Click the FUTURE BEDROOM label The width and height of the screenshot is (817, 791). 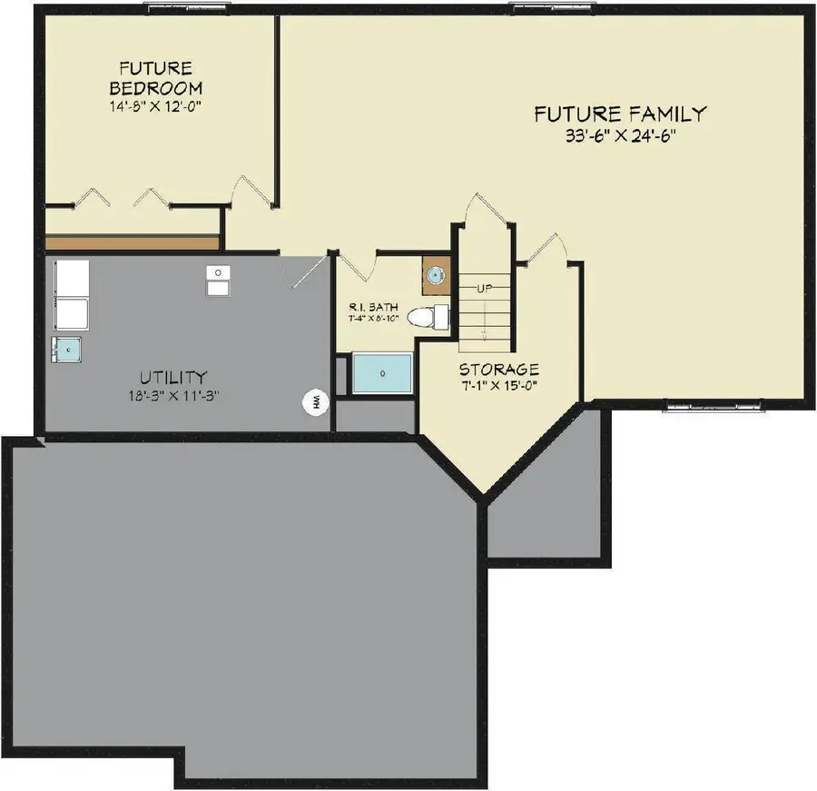click(x=155, y=78)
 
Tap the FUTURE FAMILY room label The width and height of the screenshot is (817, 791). click(x=620, y=114)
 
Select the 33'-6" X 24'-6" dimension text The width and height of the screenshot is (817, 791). click(x=620, y=137)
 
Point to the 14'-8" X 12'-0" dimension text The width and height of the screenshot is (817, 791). click(x=155, y=105)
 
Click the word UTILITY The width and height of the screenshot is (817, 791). click(x=172, y=377)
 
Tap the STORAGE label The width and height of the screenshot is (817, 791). click(x=498, y=370)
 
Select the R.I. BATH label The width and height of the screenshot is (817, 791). click(x=372, y=308)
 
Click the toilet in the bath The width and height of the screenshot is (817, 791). click(x=427, y=317)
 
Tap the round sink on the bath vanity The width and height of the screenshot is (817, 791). click(x=436, y=275)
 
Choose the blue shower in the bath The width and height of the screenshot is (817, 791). click(x=382, y=373)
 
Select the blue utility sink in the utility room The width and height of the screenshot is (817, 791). click(x=66, y=349)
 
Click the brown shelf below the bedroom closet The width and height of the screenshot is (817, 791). click(x=132, y=242)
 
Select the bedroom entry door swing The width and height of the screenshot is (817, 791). click(x=251, y=189)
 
